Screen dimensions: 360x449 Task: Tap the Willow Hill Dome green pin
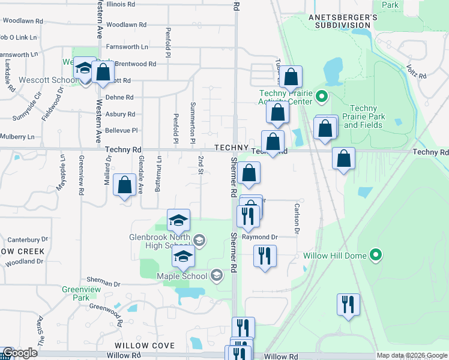pos(376,256)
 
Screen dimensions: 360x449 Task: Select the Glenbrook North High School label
pos(161,241)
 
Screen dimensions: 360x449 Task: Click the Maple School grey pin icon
pos(217,276)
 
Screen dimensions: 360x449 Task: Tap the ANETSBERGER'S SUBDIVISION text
pos(343,22)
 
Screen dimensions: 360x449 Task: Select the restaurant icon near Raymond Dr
pos(264,256)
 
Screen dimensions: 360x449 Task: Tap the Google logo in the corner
pos(19,353)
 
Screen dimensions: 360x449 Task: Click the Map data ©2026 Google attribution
pos(412,356)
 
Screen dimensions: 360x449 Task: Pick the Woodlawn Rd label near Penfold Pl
pos(129,25)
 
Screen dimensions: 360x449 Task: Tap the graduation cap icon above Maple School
pos(183,257)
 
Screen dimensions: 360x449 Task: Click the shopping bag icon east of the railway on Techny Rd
pos(344,159)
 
